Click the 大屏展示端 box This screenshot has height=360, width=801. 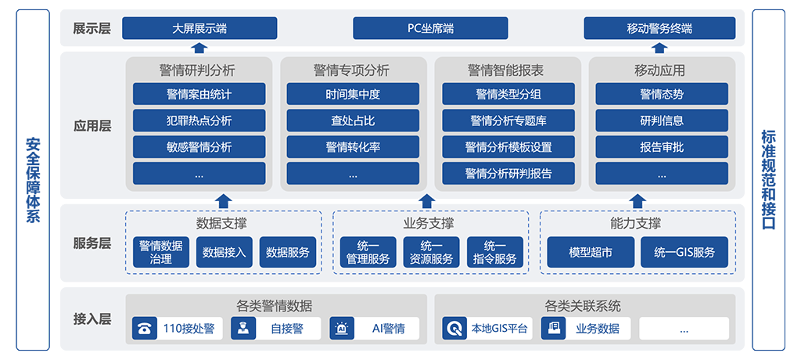click(199, 28)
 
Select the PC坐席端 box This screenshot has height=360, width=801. click(430, 28)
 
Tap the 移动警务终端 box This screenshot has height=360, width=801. click(659, 28)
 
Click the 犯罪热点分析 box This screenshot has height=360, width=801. click(199, 121)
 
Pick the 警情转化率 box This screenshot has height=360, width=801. click(353, 147)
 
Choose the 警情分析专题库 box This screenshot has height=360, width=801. click(508, 121)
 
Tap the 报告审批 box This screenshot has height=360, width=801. click(662, 147)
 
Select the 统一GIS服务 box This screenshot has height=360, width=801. click(684, 252)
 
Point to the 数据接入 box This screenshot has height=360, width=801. click(224, 252)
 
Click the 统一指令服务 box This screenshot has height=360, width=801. click(495, 252)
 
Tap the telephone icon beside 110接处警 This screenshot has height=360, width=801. click(145, 328)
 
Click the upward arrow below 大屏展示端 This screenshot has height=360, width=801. click(199, 48)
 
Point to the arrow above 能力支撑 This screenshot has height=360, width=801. click(637, 201)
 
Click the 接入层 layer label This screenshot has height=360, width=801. click(92, 319)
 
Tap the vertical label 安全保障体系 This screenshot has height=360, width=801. click(33, 180)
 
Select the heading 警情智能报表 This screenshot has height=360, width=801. click(507, 70)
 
